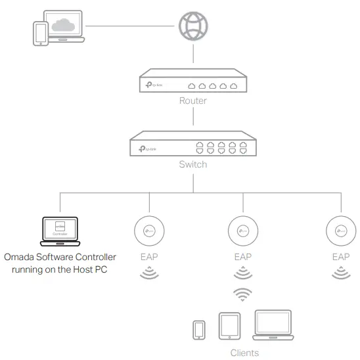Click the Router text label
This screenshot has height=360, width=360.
point(192,101)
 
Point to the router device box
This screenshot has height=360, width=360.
point(192,83)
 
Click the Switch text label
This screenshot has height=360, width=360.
point(192,164)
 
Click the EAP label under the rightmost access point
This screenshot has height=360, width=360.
point(341,257)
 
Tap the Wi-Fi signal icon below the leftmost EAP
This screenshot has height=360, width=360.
point(149,272)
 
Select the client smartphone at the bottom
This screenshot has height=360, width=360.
point(198,330)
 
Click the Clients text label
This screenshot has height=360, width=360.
point(244,353)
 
